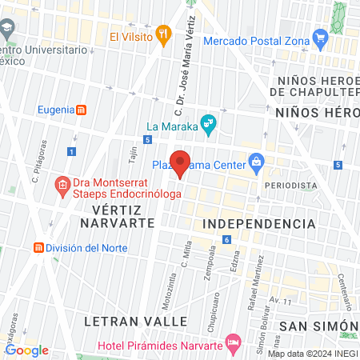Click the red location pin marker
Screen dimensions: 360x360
click(180, 162)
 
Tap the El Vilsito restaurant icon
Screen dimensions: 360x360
click(164, 34)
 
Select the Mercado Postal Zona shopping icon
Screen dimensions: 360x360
click(321, 36)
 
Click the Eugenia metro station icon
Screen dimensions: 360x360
click(80, 110)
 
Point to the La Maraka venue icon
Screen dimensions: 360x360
click(207, 122)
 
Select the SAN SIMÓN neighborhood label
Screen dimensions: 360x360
click(318, 326)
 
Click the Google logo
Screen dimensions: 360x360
click(26, 350)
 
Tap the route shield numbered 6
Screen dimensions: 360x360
click(227, 239)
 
